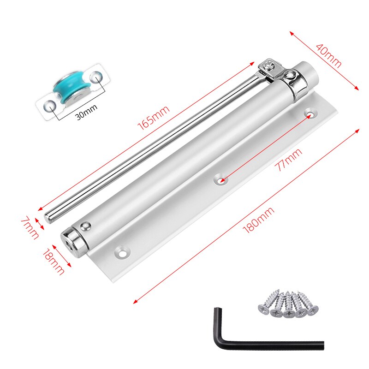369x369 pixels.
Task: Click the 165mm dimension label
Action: click(x=154, y=118)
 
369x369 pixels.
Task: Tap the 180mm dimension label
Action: click(x=258, y=220)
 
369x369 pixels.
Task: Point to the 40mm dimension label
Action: click(x=329, y=55)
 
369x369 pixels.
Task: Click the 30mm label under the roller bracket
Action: click(x=87, y=112)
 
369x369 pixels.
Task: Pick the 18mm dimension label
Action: click(x=54, y=262)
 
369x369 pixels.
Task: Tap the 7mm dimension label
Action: click(x=30, y=227)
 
